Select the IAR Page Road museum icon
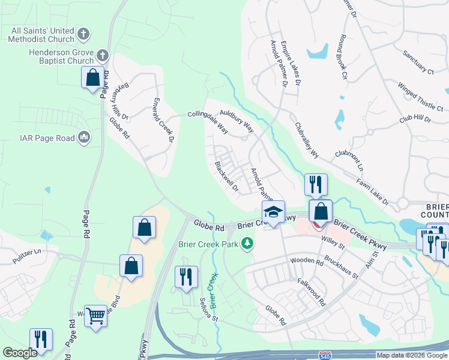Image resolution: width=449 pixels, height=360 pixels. click(84, 139)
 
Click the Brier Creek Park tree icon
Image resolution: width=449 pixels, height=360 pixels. click(247, 244)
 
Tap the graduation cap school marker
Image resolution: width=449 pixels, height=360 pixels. click(273, 212)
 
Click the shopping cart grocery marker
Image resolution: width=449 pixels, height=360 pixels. click(95, 315)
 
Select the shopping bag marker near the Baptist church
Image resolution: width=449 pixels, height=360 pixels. click(92, 77)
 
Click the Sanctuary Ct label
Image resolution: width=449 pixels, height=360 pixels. click(418, 62)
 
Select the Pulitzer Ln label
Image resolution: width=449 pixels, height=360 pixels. click(27, 256)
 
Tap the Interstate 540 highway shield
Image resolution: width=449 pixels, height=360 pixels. click(326, 355)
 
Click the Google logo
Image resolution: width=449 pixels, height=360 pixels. click(20, 353)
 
